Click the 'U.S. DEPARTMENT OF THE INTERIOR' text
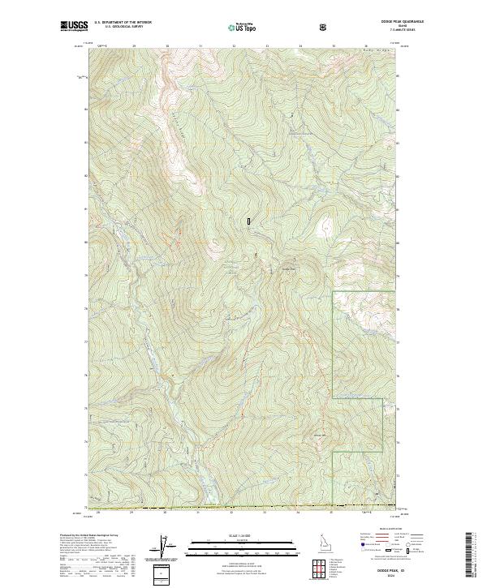(x=123, y=23)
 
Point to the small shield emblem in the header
(x=325, y=27)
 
